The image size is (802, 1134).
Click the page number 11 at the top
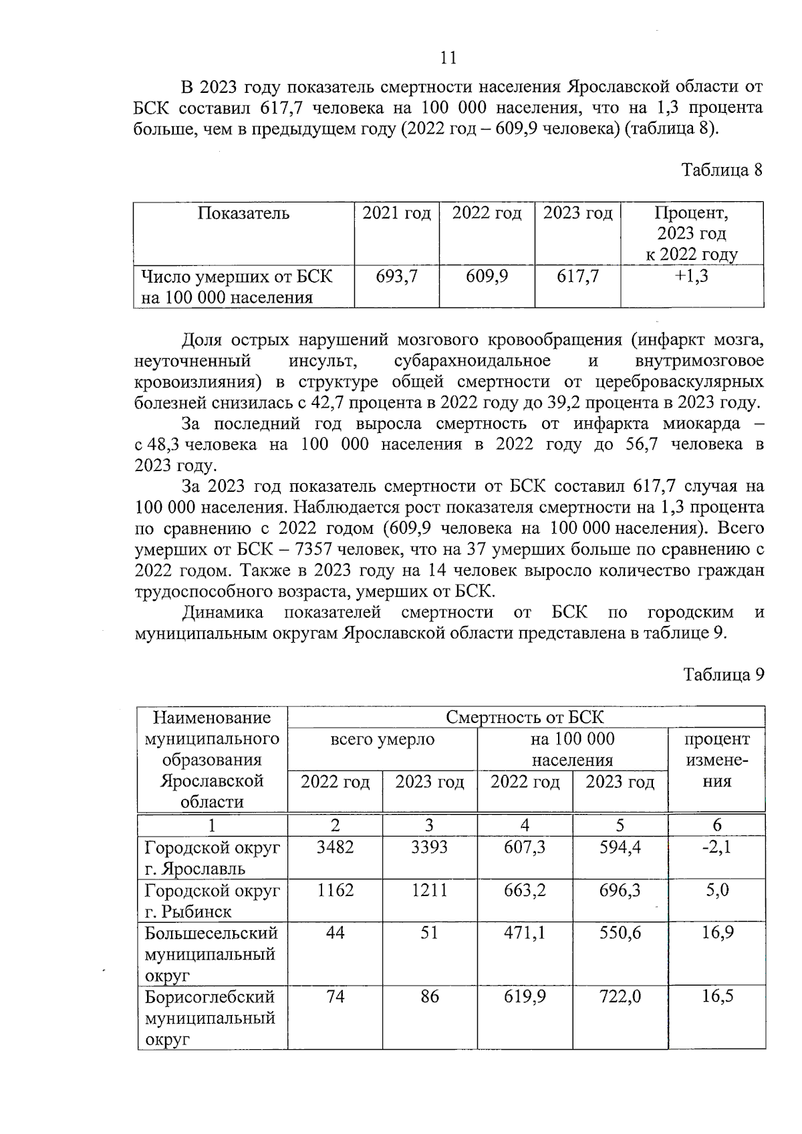[448, 59]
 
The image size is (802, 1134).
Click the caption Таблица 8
[722, 170]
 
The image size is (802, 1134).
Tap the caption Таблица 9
[722, 675]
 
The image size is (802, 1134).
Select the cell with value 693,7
[396, 276]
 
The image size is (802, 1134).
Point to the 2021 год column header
[396, 214]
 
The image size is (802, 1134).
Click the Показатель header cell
[244, 214]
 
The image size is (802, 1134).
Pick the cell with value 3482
[335, 847]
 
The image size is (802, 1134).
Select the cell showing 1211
[429, 890]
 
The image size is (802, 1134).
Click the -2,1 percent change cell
[716, 847]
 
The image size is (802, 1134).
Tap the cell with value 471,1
[525, 933]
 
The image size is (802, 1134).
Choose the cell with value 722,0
[620, 997]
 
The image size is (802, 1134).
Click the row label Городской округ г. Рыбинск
[212, 901]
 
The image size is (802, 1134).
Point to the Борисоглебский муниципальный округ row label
[210, 1018]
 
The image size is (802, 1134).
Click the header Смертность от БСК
[525, 718]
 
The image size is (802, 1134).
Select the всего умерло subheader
[382, 739]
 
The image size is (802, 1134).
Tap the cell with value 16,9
[717, 933]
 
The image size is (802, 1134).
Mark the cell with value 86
[430, 997]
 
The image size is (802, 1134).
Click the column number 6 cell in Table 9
[716, 825]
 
